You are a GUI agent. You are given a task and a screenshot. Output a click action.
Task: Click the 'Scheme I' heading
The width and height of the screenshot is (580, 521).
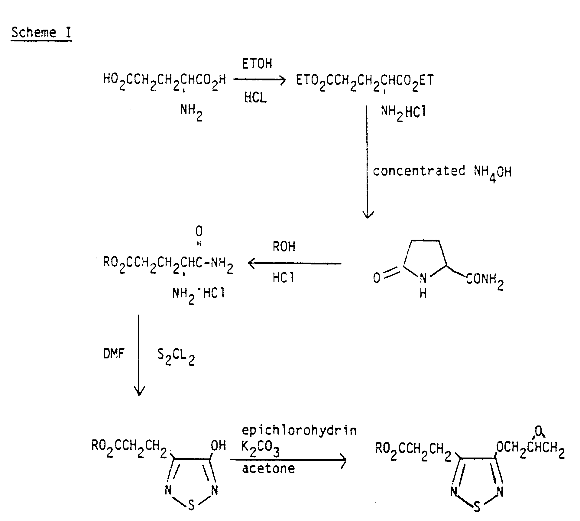tap(41, 32)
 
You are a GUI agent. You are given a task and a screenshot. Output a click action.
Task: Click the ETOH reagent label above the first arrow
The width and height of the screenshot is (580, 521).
tap(257, 64)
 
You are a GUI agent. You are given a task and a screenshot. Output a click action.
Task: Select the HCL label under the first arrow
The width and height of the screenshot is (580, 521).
tap(255, 97)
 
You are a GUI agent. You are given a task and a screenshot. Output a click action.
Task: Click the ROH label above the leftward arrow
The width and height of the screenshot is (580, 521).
tap(284, 247)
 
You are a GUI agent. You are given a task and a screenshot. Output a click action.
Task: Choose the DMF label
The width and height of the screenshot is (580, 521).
tap(114, 353)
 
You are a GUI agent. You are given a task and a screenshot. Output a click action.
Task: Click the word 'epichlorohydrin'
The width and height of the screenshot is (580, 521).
tap(299, 430)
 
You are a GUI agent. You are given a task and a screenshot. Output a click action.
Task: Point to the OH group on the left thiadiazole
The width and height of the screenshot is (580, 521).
tap(218, 445)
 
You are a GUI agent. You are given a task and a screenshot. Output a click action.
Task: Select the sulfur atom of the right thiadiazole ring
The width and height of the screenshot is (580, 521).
tap(477, 506)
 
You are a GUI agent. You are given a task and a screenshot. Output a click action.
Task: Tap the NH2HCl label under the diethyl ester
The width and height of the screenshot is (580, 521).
tap(403, 113)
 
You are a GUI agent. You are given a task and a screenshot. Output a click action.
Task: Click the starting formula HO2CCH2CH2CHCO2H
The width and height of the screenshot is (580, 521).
tap(164, 81)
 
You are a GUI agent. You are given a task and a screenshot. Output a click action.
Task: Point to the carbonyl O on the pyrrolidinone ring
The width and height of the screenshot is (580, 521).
tap(377, 278)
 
